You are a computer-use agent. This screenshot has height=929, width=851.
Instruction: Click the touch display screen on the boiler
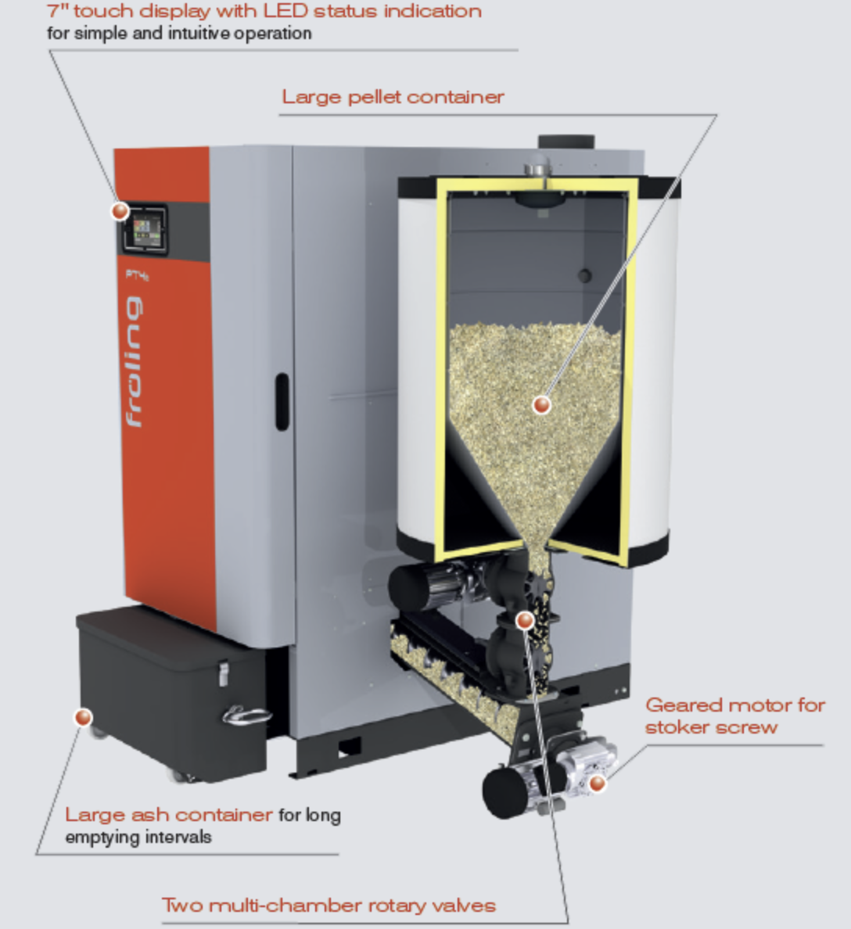pyautogui.click(x=145, y=229)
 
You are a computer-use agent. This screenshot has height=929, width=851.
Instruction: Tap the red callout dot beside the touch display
pyautogui.click(x=120, y=211)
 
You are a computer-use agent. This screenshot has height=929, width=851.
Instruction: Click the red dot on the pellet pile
pyautogui.click(x=542, y=404)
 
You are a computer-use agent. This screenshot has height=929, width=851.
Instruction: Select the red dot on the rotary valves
pyautogui.click(x=525, y=620)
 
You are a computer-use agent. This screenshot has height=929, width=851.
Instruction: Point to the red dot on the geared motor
pyautogui.click(x=598, y=784)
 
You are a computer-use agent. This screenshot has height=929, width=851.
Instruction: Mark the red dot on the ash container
pyautogui.click(x=83, y=718)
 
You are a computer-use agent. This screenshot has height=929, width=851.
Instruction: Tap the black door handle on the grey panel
pyautogui.click(x=282, y=402)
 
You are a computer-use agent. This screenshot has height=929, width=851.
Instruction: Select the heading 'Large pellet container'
pyautogui.click(x=393, y=96)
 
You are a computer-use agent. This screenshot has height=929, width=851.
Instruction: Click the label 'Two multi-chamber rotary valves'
pyautogui.click(x=329, y=906)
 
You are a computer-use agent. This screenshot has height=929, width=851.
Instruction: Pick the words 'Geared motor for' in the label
pyautogui.click(x=735, y=705)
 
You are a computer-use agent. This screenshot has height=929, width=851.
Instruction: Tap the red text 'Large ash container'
pyautogui.click(x=169, y=815)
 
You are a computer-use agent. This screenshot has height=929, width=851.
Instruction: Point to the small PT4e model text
pyautogui.click(x=137, y=274)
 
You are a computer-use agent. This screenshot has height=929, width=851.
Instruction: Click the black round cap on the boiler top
pyautogui.click(x=566, y=142)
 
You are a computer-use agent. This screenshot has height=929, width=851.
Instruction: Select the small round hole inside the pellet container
pyautogui.click(x=585, y=275)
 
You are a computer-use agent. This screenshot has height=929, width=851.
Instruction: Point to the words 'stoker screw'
pyautogui.click(x=711, y=727)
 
